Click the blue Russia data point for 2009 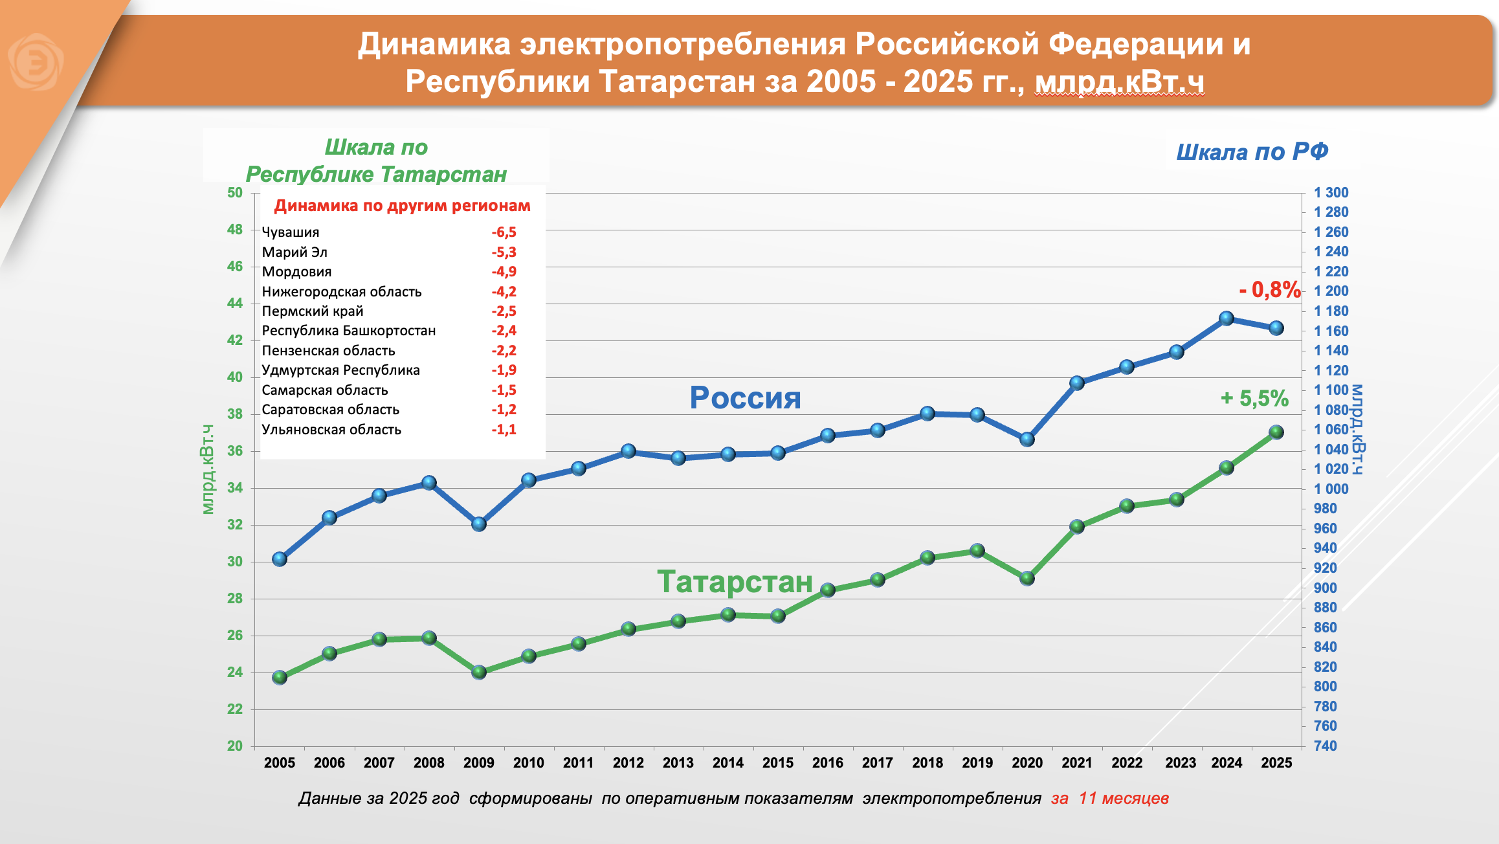point(479,524)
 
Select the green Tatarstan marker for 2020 point(1027,578)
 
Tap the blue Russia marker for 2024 point(1227,318)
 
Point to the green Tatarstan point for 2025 point(1276,432)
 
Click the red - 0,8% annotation point(1269,290)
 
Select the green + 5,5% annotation point(1254,398)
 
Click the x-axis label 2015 point(778,763)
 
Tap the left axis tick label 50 point(235,193)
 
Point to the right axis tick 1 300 point(1331,193)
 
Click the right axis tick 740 point(1325,746)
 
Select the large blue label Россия point(745,397)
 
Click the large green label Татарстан point(735,581)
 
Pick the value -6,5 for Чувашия point(504,232)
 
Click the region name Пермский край point(313,311)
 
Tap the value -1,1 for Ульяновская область point(504,430)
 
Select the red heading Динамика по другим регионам point(402,206)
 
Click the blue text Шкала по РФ point(1252,152)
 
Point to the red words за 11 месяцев point(1109,798)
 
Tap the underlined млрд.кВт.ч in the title point(1119,82)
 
